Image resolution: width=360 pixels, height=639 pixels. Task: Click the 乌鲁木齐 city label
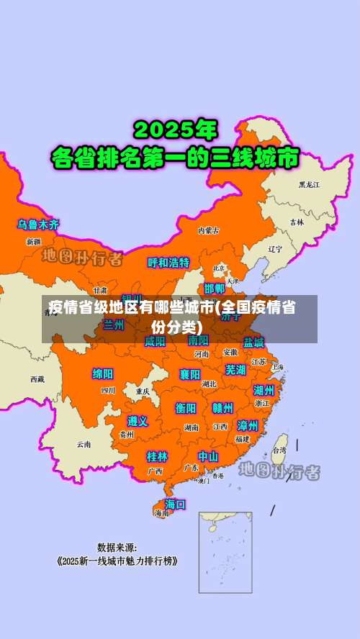tap(39, 225)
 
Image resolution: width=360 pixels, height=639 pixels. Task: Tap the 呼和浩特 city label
tap(168, 263)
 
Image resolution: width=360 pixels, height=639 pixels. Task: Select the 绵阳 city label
tap(103, 374)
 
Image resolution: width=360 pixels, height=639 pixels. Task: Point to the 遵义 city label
tap(138, 421)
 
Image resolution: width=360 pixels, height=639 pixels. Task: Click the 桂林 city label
tap(157, 456)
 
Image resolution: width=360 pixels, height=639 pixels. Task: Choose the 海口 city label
tap(175, 504)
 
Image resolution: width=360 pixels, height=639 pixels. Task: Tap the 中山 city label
tap(209, 456)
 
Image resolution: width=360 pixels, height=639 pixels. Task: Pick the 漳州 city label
tap(248, 425)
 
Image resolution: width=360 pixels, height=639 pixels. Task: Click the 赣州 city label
tap(222, 408)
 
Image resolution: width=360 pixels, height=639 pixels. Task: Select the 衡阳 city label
tap(186, 408)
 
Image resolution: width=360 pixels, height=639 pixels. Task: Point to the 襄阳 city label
tap(190, 374)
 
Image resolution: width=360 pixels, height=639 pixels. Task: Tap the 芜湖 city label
tap(235, 370)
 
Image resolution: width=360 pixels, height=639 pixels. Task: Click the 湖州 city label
tap(264, 390)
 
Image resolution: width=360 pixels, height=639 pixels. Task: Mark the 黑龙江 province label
tap(309, 185)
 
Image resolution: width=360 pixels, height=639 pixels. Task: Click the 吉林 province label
tap(297, 222)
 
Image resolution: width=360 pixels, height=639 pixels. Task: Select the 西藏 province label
tap(37, 379)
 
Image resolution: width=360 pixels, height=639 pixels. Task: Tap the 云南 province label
tap(84, 444)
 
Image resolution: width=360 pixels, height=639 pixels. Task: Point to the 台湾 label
tap(278, 450)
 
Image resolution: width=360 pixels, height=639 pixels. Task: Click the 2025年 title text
tap(175, 131)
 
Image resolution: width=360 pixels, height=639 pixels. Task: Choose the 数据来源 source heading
tap(117, 547)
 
